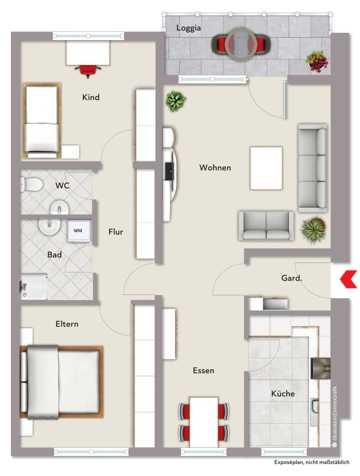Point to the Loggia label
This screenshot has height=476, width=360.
tap(188, 28)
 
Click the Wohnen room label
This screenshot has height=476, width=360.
tap(215, 168)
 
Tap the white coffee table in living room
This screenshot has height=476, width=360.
tap(266, 168)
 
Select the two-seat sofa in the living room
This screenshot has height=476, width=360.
tap(266, 226)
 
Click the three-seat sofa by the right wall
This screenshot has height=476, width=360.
tap(313, 168)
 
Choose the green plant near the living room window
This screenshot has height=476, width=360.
tap(175, 101)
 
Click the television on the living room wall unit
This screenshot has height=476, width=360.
tap(169, 171)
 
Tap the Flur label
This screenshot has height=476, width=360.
tap(116, 232)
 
